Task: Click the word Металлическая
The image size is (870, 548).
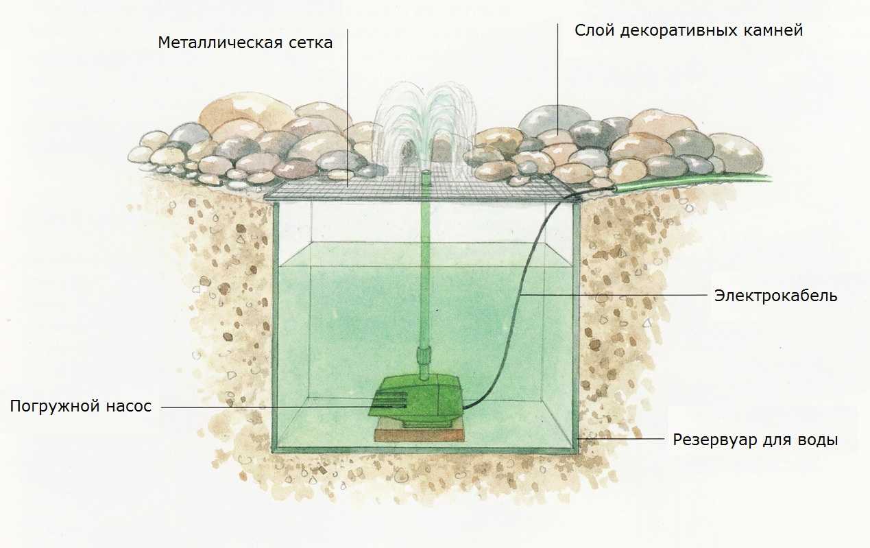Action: click(221, 43)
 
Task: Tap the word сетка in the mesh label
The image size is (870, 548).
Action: click(311, 43)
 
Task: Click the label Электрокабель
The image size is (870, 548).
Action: click(775, 296)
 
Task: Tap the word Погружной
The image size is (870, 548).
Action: click(55, 406)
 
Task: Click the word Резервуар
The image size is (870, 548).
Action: click(715, 440)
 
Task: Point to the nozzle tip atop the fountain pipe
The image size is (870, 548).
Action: click(425, 171)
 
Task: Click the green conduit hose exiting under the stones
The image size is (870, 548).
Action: click(691, 182)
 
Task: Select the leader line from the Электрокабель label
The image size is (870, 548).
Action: click(614, 295)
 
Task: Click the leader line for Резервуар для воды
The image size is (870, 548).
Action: click(621, 439)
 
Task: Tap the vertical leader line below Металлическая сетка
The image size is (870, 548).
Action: click(347, 108)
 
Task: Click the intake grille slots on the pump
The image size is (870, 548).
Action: click(389, 401)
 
